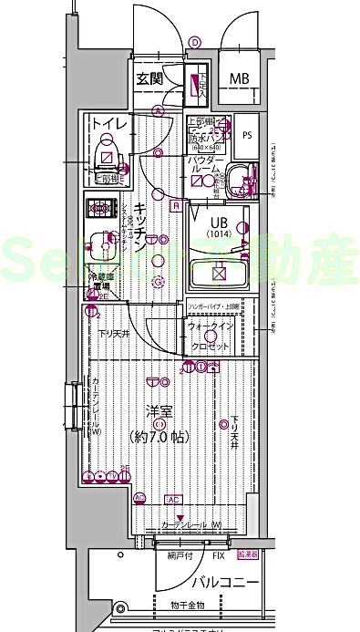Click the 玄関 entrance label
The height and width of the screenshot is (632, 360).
pos(149,78)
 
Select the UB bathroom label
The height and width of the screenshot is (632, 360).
pos(220,221)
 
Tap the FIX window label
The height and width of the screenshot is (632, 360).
pos(218,554)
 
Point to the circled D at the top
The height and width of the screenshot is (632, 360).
pos(195,41)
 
